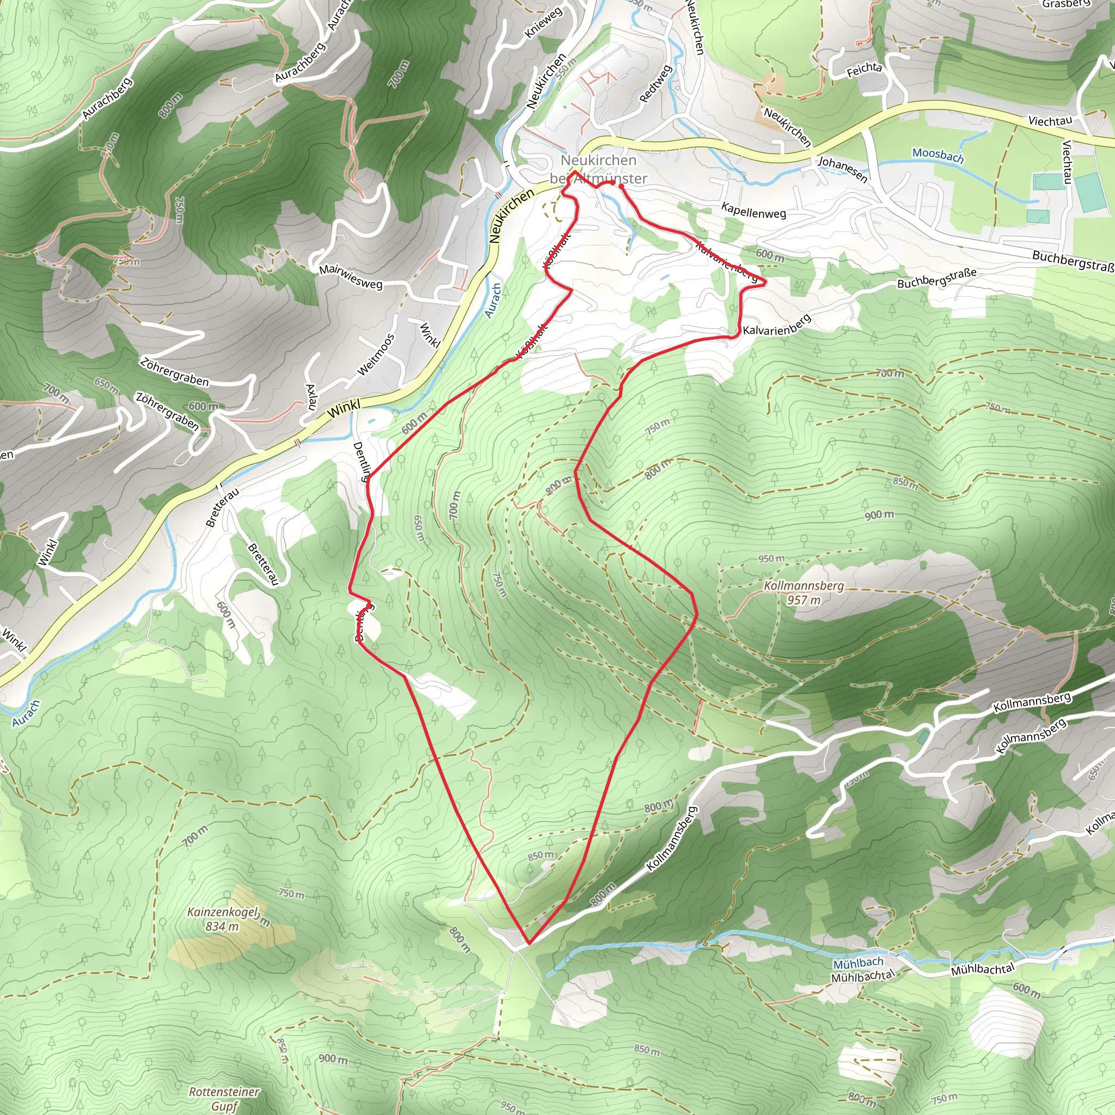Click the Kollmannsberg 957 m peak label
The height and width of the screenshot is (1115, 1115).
tap(804, 593)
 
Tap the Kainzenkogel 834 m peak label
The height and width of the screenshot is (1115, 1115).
tap(223, 919)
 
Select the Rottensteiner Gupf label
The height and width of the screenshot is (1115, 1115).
tap(224, 1099)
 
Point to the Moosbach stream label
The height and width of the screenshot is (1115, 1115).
tap(938, 155)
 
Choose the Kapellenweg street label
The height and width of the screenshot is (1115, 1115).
tap(753, 211)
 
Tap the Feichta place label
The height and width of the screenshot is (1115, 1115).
tap(864, 70)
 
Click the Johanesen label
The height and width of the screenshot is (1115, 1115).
tap(843, 169)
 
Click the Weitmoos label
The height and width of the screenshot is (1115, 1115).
tap(376, 355)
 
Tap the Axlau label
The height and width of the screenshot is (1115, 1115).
tap(311, 397)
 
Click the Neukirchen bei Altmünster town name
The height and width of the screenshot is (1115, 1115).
tap(598, 169)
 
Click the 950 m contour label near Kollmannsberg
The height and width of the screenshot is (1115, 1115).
tap(771, 559)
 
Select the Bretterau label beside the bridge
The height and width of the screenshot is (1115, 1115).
tap(222, 507)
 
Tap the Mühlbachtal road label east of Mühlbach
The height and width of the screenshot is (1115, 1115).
tap(982, 969)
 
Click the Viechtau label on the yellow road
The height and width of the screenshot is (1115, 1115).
tap(1050, 121)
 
